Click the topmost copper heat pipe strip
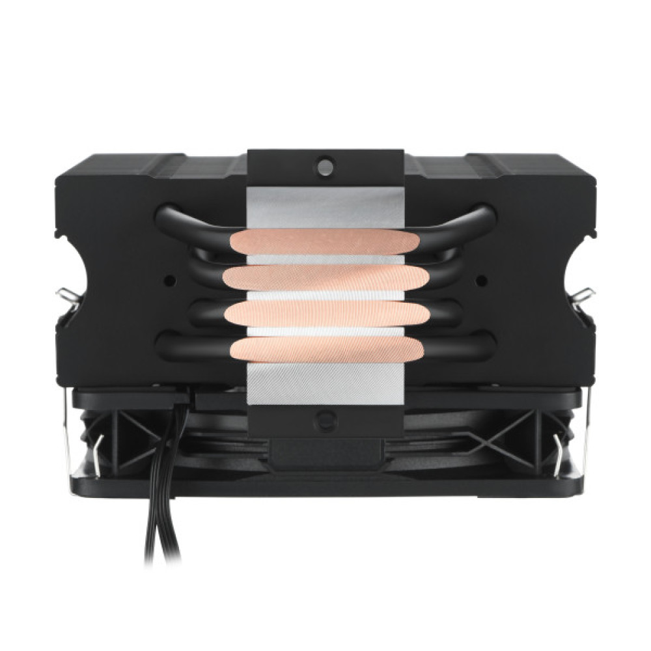pos(324,242)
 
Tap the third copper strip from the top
pos(325,314)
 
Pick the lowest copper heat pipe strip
pos(325,348)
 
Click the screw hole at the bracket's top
pos(325,165)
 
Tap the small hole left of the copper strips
pos(169,281)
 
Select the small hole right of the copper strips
pos(481,281)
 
